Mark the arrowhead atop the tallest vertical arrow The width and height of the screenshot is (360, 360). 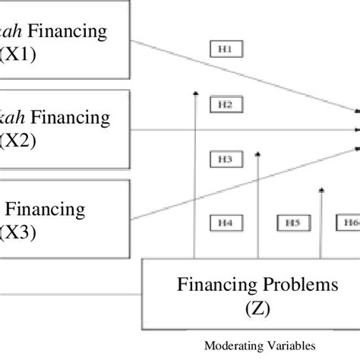coord(195,93)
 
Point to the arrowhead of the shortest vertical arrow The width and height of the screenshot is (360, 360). coord(322,169)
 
